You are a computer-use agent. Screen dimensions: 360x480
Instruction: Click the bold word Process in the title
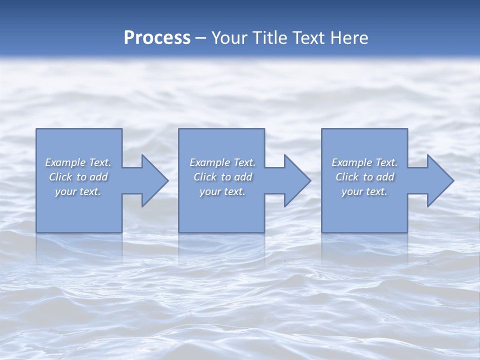(x=157, y=38)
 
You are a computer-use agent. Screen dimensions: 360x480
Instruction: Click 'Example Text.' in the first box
(x=78, y=162)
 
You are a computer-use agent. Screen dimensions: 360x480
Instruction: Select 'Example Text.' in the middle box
(x=222, y=162)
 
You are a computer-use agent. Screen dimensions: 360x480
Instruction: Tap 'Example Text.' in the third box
(x=364, y=162)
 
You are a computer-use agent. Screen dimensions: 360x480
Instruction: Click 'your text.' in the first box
(x=78, y=191)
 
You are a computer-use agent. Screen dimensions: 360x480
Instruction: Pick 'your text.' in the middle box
(x=222, y=191)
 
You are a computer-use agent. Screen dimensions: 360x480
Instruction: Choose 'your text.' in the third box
(x=364, y=191)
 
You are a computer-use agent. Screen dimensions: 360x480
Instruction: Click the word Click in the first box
(x=60, y=177)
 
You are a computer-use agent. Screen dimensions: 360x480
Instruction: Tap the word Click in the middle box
(x=205, y=177)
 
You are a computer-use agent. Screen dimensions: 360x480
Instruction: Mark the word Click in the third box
(x=347, y=177)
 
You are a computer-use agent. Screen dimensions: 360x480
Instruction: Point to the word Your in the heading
(x=230, y=38)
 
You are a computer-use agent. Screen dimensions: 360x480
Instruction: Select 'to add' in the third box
(x=379, y=177)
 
